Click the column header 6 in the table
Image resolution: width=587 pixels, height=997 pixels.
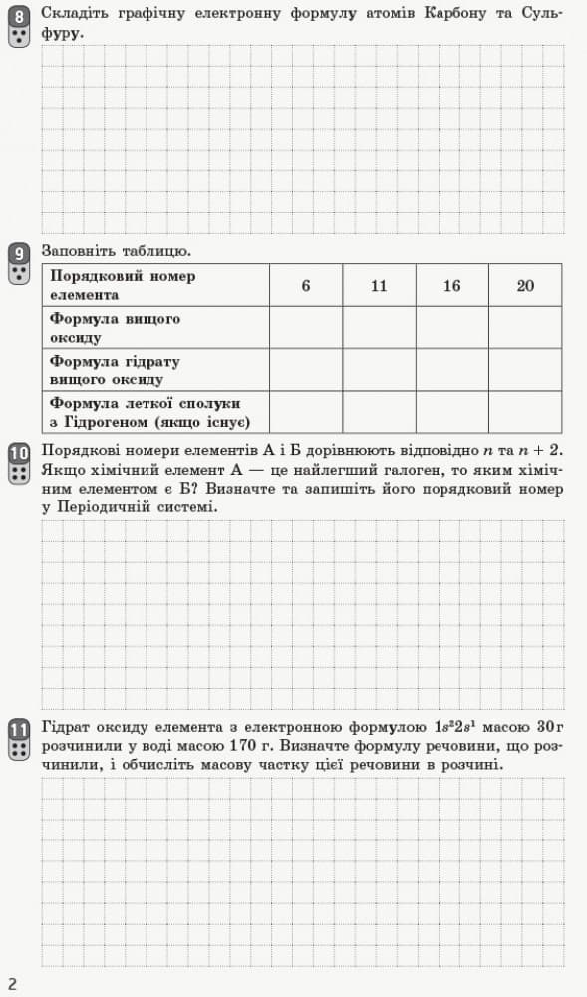point(306,285)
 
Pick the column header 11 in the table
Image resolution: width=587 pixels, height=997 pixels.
point(379,285)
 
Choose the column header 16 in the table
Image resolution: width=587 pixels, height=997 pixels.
point(452,285)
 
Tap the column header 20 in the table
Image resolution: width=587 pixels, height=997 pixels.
point(525,285)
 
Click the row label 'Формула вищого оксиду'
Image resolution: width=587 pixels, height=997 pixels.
point(115,328)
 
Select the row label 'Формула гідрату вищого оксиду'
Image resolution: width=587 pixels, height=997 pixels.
point(115,370)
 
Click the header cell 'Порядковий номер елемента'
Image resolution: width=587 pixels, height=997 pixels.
point(123,285)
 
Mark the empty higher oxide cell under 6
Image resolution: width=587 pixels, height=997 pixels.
point(306,328)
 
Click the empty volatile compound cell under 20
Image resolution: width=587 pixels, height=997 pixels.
point(525,412)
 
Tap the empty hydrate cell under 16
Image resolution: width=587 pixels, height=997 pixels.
point(452,370)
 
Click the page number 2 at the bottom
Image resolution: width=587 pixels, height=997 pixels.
point(13,984)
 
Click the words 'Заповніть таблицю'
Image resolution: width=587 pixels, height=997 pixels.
point(116,249)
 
